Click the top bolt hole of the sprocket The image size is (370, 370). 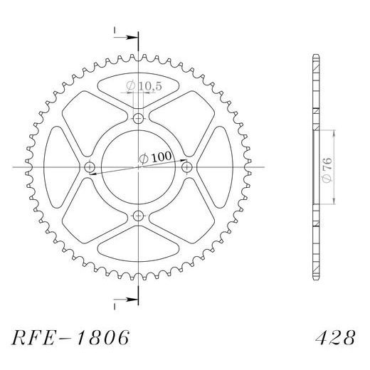139,118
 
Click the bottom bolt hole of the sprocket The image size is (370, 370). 139,216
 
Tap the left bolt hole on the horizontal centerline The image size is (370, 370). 90,167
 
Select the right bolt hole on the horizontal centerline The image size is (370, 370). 188,167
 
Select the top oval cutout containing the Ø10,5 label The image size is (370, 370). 139,91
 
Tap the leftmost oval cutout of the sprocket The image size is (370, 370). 58,167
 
